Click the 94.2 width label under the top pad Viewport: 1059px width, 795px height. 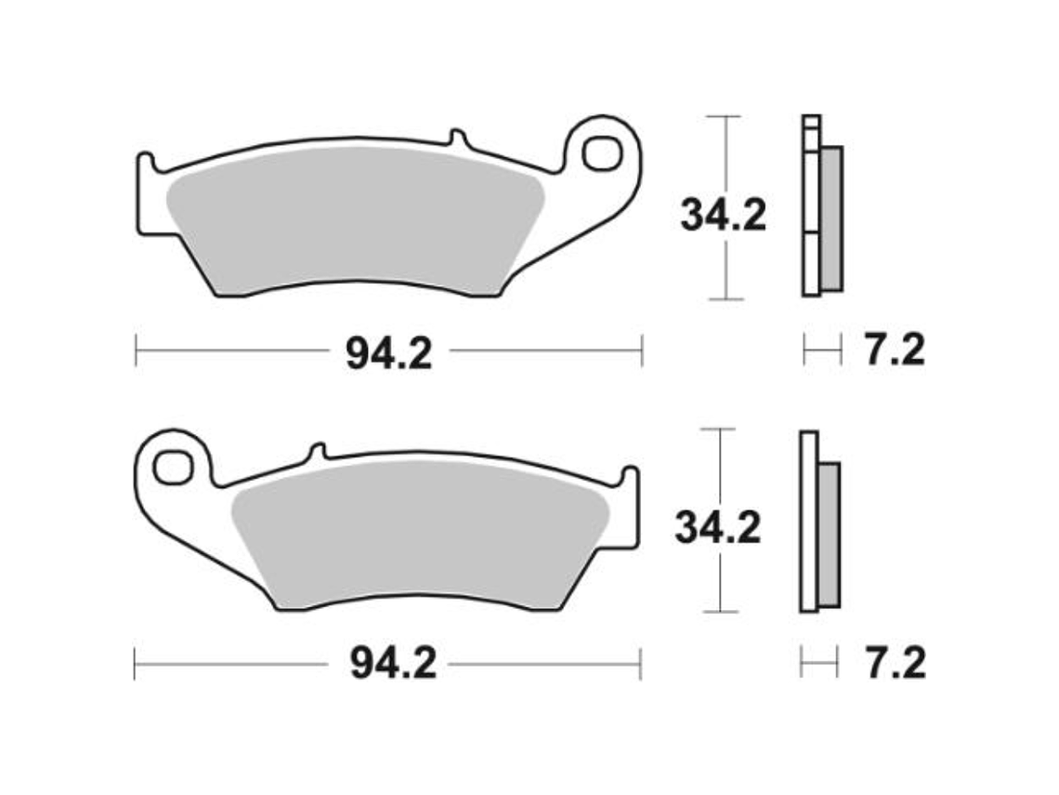(388, 353)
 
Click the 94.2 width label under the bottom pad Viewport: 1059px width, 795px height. (392, 664)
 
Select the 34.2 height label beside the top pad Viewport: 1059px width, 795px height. (723, 216)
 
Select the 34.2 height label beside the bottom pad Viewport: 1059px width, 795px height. (717, 528)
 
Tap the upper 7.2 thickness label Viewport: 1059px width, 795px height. (894, 351)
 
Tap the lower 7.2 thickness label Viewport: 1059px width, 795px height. (894, 664)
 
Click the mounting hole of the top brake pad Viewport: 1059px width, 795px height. (603, 152)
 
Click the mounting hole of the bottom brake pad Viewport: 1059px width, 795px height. (172, 467)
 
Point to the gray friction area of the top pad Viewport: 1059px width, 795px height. (353, 219)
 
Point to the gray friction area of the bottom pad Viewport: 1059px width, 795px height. (418, 535)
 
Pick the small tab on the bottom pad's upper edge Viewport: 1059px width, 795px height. (316, 452)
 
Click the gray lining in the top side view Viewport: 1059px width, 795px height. (831, 219)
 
